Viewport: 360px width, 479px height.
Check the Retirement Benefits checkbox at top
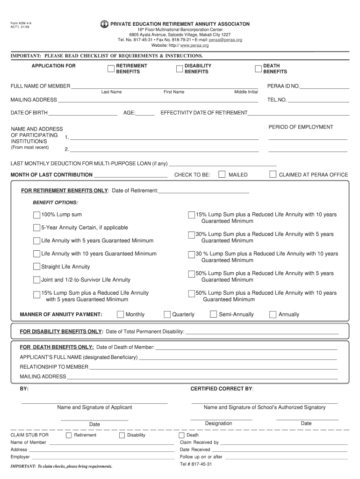(x=111, y=69)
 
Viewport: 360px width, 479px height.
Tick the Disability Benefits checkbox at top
(x=179, y=69)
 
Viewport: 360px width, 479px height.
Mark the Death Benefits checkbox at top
(x=258, y=69)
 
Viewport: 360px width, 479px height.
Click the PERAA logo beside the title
(x=104, y=24)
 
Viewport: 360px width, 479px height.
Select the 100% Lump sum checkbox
(x=36, y=215)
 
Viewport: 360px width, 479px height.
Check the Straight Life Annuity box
(x=36, y=267)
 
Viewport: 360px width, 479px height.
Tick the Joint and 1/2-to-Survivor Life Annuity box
(x=36, y=280)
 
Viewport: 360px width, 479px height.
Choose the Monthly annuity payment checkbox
(x=121, y=314)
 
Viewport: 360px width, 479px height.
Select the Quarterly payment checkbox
(x=167, y=314)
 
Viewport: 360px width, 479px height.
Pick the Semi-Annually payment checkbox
(x=214, y=314)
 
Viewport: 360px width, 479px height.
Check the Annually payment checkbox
(x=273, y=314)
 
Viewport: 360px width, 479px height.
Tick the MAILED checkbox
(x=222, y=174)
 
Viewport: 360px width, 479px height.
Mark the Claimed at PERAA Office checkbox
(x=273, y=174)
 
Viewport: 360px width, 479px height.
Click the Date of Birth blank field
(x=82, y=113)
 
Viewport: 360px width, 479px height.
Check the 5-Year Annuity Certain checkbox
(x=36, y=227)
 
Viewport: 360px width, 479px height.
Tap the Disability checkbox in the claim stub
(x=122, y=435)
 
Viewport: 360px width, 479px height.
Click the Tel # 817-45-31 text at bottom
(x=196, y=464)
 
